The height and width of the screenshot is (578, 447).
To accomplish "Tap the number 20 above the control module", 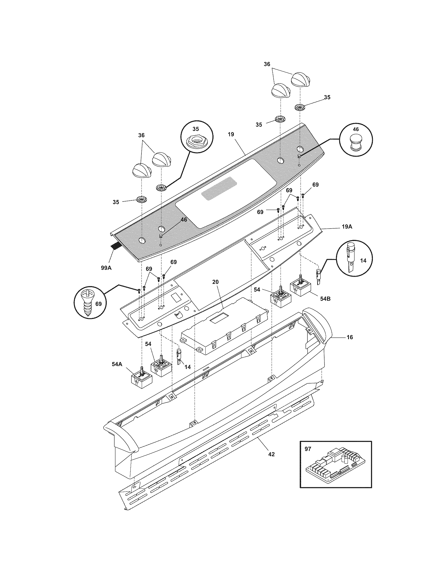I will pos(216,282).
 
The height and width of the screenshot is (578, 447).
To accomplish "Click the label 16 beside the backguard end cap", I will pos(350,337).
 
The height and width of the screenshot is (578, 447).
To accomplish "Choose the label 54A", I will pos(117,364).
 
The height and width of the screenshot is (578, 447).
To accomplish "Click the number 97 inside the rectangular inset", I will pos(308,449).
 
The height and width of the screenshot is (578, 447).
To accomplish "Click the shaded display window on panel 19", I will pos(216,192).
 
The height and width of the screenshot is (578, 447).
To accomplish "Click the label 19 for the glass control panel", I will pos(231,135).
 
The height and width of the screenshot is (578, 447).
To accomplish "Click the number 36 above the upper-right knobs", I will pos(267,64).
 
